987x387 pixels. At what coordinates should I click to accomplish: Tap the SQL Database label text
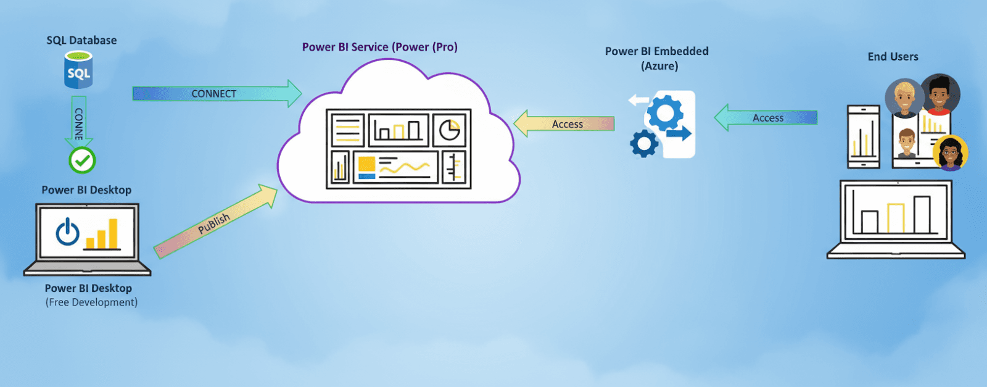coord(81,40)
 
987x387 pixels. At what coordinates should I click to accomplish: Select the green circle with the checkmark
coord(82,160)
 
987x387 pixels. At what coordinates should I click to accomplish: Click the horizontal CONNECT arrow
coord(216,93)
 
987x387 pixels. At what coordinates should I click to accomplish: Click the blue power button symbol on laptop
coord(67,232)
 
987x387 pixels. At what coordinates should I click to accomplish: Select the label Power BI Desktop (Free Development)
coord(90,295)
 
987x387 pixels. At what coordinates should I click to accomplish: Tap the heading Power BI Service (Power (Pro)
coord(379,47)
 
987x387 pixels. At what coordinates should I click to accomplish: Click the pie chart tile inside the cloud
coord(450,130)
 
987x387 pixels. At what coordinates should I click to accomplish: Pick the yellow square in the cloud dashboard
coord(366,164)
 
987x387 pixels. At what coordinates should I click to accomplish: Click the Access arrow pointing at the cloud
coord(564,123)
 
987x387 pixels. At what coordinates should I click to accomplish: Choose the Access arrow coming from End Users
coord(766,117)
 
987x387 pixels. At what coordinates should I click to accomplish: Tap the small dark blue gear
coord(643,144)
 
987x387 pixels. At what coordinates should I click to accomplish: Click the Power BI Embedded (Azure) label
coord(657,58)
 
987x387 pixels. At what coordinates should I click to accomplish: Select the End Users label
coord(893,57)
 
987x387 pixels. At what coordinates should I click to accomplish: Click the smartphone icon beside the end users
coord(864,136)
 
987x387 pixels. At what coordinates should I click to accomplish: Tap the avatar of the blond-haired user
coord(904,98)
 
